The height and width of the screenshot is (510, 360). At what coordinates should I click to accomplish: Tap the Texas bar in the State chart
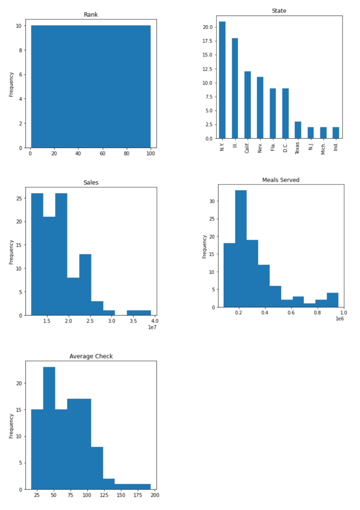pos(298,130)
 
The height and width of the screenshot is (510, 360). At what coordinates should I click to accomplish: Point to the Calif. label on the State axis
pos(247,148)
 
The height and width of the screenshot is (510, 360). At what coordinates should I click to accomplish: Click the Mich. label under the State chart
pos(323,148)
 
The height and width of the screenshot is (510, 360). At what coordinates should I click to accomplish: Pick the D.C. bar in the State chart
pos(285,113)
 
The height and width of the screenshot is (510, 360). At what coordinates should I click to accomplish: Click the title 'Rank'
pos(91,14)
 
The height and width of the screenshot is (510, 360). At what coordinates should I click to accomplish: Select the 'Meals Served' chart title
pos(281,180)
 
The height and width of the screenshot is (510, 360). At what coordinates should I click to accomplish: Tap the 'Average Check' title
pos(91,356)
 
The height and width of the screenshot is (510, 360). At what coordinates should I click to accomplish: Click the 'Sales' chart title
pos(91,182)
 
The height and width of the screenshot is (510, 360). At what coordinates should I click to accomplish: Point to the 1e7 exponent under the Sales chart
pos(152,327)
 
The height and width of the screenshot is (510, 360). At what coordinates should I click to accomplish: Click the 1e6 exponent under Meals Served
pos(339,319)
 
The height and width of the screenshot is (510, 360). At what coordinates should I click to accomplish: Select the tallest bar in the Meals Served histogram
pos(241,248)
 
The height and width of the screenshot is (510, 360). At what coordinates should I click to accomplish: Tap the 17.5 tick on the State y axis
pos(208,41)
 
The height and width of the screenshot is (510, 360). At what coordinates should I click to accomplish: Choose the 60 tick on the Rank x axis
pos(102,154)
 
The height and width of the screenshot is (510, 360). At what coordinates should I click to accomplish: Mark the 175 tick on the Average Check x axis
pos(138,495)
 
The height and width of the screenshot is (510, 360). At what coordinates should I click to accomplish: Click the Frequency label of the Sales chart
pos(11,252)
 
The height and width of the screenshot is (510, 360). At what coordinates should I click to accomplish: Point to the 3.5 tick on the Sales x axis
pos(133,321)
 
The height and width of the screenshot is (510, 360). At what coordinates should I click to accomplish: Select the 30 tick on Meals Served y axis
pos(212,201)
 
